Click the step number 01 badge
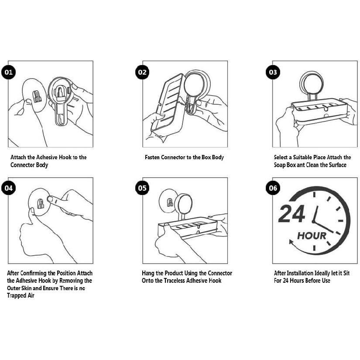pos(8,72)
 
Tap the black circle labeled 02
pos(142,72)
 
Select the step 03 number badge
pos(273,72)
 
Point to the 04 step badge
pos(8,188)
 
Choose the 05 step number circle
pos(142,188)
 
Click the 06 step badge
pos(273,188)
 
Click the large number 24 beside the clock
pos(291,214)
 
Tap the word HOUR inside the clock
pos(312,236)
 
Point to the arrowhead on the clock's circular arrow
pos(291,242)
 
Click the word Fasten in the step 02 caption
pos(152,157)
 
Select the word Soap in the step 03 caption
pos(280,165)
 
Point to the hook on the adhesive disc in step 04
pos(41,204)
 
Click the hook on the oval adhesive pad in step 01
pos(37,96)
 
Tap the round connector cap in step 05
pos(184,204)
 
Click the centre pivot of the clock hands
pos(314,221)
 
